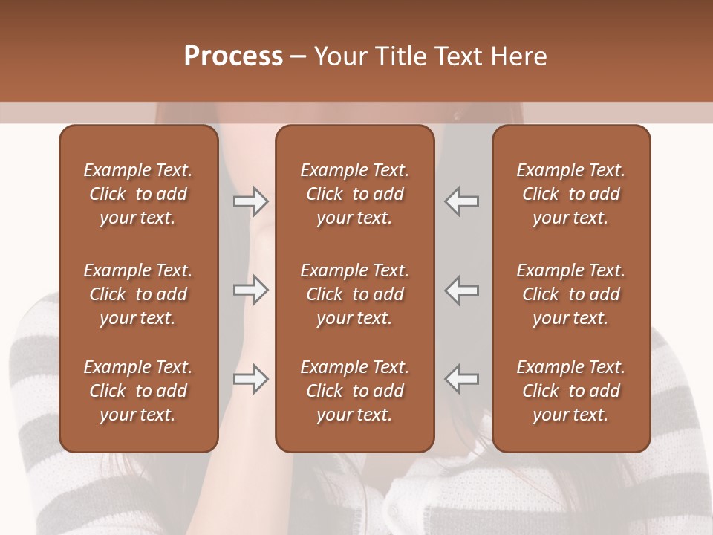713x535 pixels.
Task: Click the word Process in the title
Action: point(233,56)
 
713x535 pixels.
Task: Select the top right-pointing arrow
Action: point(250,201)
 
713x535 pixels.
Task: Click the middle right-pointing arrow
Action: point(250,290)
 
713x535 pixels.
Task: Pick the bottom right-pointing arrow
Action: point(250,379)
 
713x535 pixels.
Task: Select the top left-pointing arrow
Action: point(461,201)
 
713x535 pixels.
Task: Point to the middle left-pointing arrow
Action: point(461,290)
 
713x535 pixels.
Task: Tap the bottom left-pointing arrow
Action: point(461,379)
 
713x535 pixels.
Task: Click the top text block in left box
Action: point(138,194)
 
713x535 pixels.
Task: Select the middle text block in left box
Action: point(138,294)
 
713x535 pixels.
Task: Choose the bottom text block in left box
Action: point(138,391)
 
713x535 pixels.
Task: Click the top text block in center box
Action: point(354,194)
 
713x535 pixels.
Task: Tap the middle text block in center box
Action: point(354,294)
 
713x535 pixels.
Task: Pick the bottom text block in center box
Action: point(354,391)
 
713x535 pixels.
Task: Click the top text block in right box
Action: point(570,194)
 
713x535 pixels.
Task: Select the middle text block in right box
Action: point(570,294)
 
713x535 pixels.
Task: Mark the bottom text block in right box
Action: point(570,391)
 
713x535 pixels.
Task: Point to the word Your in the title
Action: point(339,56)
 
